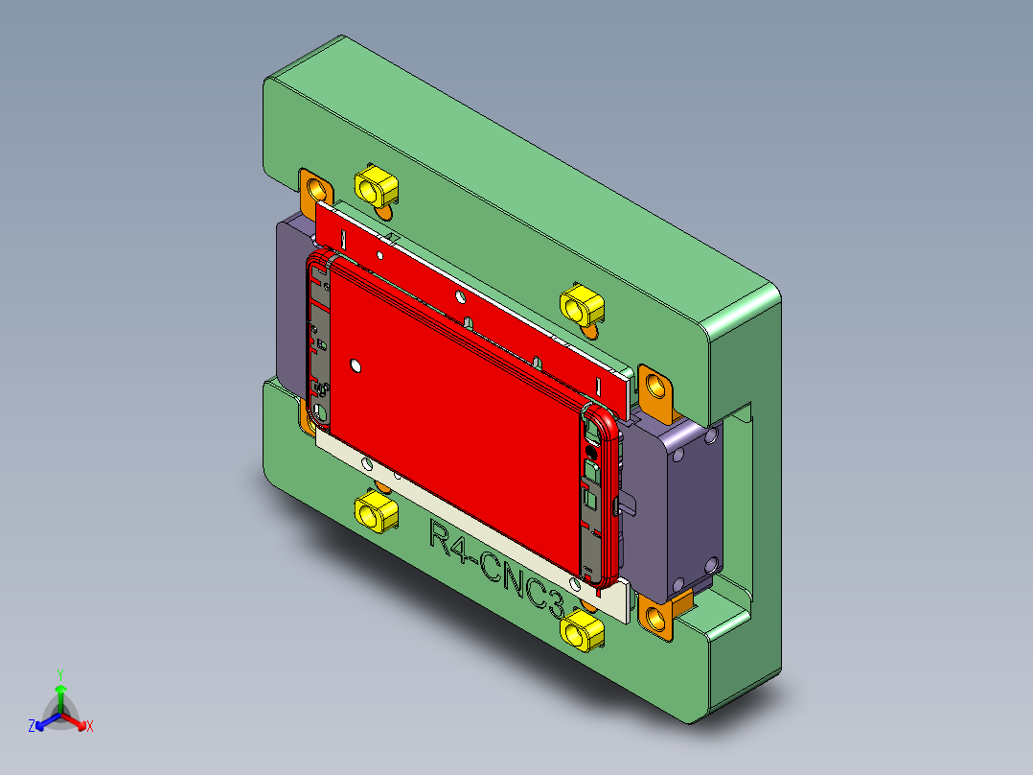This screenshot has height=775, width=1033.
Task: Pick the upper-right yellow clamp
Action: [x=581, y=305]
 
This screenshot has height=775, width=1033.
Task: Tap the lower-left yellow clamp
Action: [x=375, y=512]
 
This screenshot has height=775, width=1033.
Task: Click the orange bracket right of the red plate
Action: [x=656, y=387]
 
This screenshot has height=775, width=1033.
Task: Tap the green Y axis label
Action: [x=59, y=674]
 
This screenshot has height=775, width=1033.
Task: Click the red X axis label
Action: [x=90, y=727]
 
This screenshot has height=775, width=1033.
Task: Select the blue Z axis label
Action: [x=32, y=727]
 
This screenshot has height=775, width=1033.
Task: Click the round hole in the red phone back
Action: [x=356, y=365]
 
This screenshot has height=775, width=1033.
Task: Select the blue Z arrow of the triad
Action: [x=44, y=722]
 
